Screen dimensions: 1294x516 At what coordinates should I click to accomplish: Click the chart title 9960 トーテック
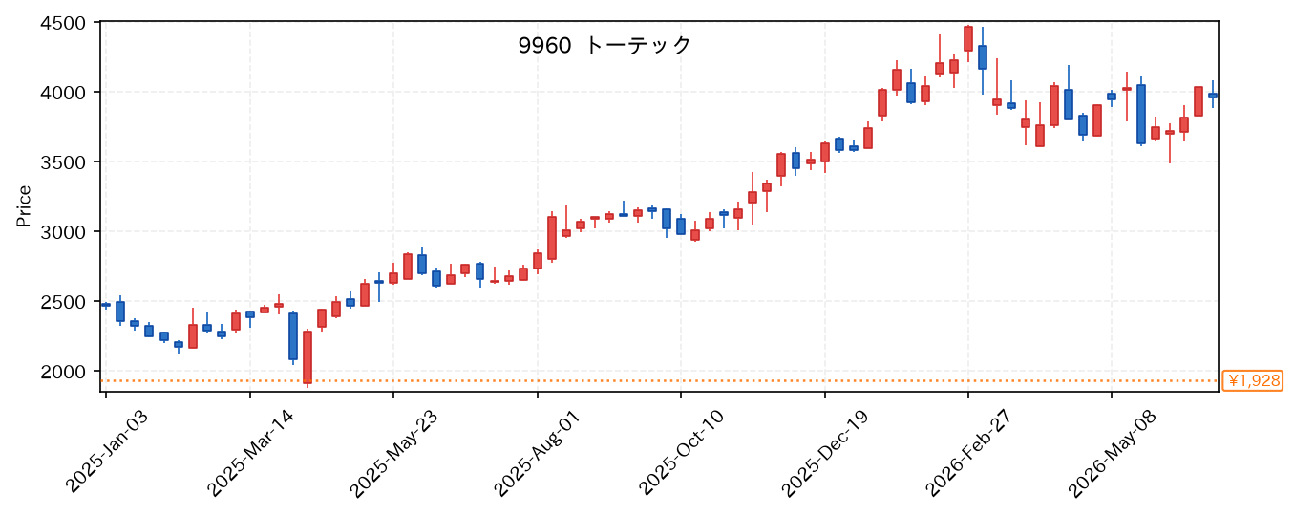605,45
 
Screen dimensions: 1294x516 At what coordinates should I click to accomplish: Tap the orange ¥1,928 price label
1252,380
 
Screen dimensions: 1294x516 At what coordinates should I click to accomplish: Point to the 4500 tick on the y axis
63,23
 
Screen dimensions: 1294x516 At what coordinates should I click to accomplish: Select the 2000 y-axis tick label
63,372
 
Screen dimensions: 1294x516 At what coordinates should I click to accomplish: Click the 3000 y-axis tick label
63,232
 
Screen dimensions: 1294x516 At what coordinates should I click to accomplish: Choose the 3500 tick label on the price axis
63,162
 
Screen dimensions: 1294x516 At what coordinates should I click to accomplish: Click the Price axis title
24,206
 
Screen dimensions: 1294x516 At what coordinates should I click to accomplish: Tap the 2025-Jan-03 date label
108,452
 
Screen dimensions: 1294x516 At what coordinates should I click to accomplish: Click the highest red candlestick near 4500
968,39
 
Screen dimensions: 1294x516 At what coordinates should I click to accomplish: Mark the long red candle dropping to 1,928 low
308,357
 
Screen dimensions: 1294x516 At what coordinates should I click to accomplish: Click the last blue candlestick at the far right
1213,96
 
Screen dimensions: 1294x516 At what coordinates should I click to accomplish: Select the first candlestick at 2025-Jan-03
106,305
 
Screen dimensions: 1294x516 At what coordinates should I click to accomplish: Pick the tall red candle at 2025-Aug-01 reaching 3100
552,238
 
